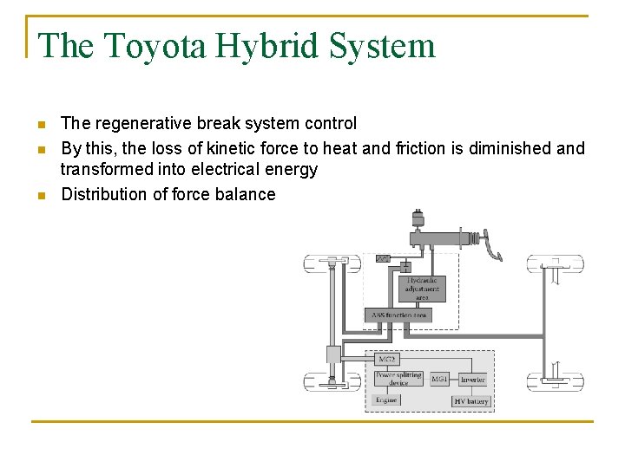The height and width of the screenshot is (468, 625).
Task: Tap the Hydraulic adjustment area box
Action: tap(423, 289)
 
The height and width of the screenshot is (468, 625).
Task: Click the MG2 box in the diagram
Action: tap(386, 358)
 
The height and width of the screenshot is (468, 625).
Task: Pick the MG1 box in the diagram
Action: tap(440, 379)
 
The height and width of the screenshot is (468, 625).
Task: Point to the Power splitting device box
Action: tap(398, 379)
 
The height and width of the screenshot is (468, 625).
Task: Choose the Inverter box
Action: tap(473, 379)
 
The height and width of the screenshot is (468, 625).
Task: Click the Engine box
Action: tap(386, 400)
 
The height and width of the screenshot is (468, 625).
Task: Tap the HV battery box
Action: tap(471, 401)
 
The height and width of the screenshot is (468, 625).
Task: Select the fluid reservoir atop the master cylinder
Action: tap(418, 218)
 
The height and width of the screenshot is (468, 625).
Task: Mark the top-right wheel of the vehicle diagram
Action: tap(555, 263)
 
